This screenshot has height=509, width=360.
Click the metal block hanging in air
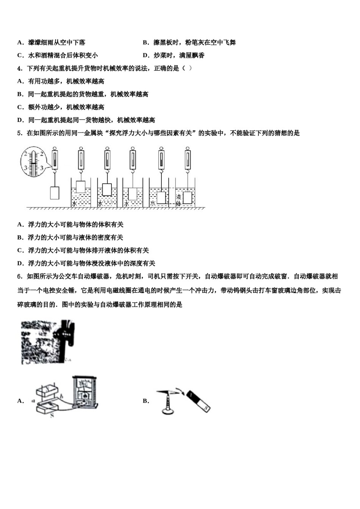(x=55, y=193)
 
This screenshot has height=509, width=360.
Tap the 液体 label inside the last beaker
(x=178, y=200)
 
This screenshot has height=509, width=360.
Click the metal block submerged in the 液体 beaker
(x=188, y=198)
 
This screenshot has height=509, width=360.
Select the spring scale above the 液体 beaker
(x=188, y=159)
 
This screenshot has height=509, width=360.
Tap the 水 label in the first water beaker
(x=74, y=204)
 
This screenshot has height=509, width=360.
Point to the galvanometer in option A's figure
(x=85, y=392)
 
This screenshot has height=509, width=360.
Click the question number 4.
(x=19, y=69)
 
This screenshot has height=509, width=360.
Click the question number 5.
(x=19, y=133)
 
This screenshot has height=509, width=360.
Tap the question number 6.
(x=19, y=276)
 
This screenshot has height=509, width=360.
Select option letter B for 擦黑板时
(x=146, y=43)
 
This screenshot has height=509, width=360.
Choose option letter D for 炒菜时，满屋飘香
(x=146, y=56)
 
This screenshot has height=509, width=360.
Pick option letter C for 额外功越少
(x=20, y=107)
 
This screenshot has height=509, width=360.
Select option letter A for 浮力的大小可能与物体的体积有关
(x=20, y=225)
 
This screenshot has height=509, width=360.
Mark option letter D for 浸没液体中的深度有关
(x=20, y=263)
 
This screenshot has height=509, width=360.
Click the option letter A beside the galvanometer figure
(x=20, y=401)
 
